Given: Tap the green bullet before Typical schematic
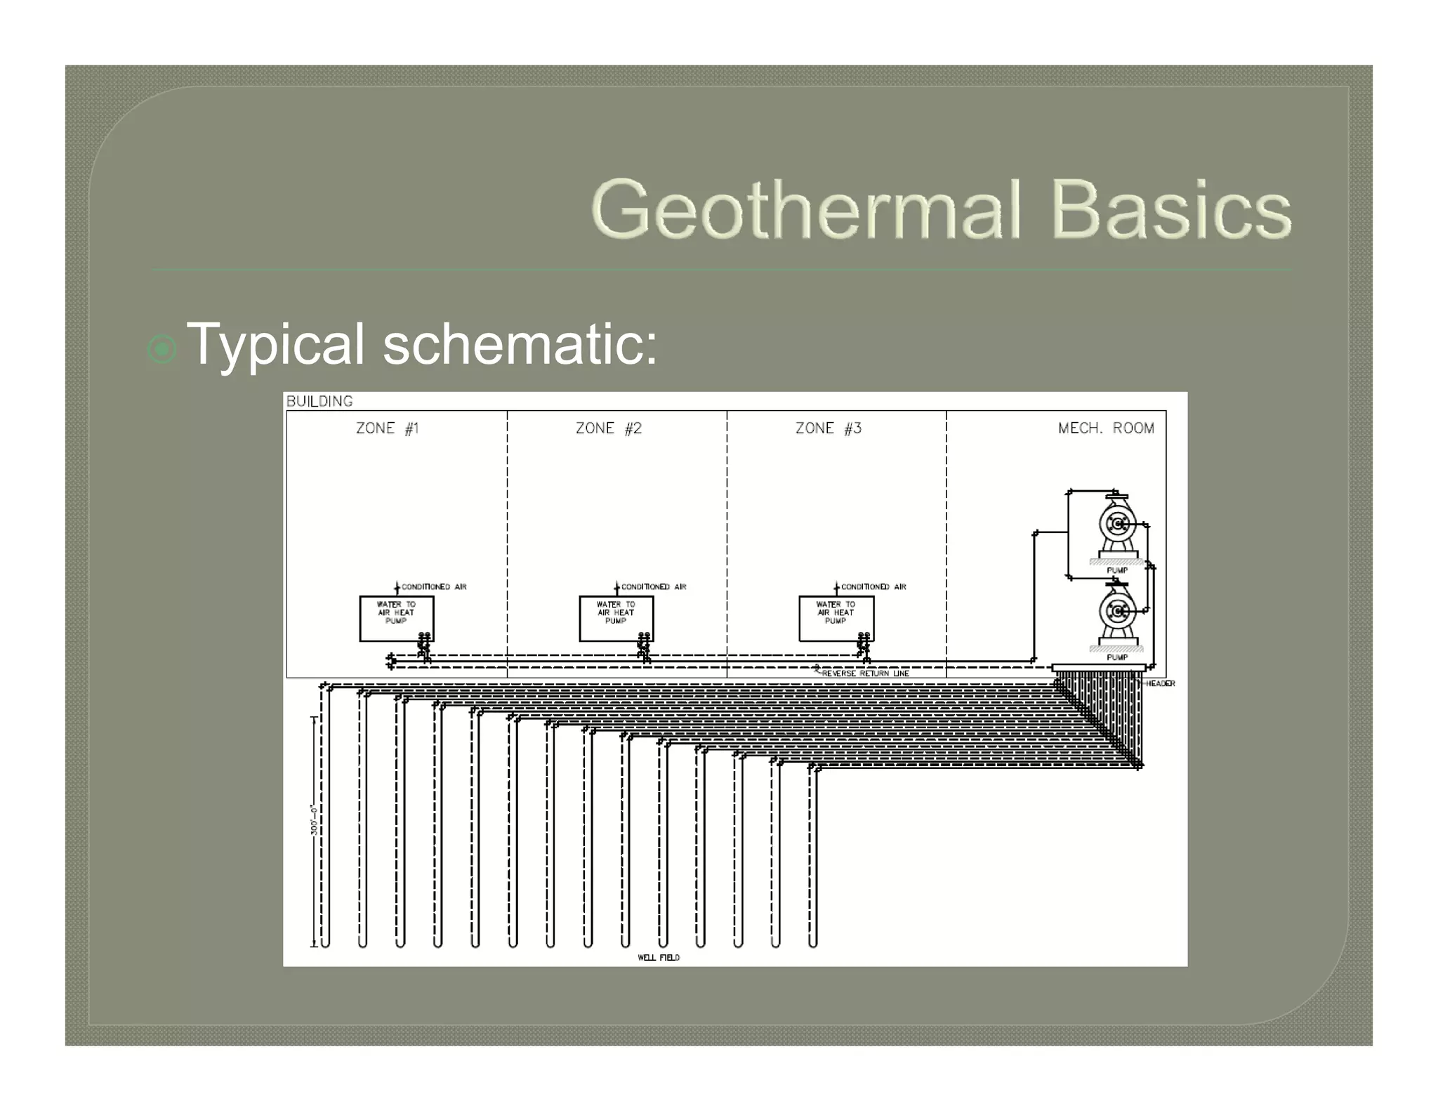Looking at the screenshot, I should coord(162,348).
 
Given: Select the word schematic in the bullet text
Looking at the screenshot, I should coord(520,344).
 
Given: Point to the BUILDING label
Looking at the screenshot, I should coord(319,401).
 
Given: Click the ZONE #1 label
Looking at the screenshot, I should coord(388,428).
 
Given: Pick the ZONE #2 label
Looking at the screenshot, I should coord(609,428).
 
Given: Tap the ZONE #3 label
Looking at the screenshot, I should coord(829,428).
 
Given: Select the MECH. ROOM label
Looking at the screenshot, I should coord(1106,428).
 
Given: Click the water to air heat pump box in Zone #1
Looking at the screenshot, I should coord(396,618).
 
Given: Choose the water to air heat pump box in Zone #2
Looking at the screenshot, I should coord(616,618).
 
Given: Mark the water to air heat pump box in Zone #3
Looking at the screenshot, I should coord(836,618).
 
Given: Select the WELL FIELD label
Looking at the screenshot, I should coord(659,957).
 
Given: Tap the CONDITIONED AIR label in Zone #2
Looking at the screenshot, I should coord(654,586).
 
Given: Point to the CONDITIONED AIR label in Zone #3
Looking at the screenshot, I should coord(873,586).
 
